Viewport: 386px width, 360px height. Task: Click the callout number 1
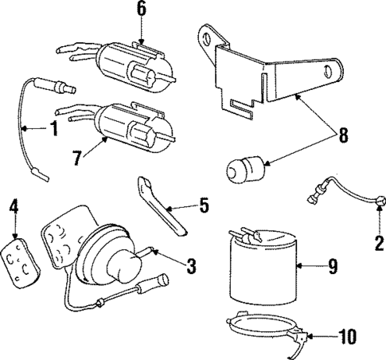[53, 128]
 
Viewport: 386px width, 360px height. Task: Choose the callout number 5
[204, 207]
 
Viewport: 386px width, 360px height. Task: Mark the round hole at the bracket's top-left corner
[209, 36]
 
